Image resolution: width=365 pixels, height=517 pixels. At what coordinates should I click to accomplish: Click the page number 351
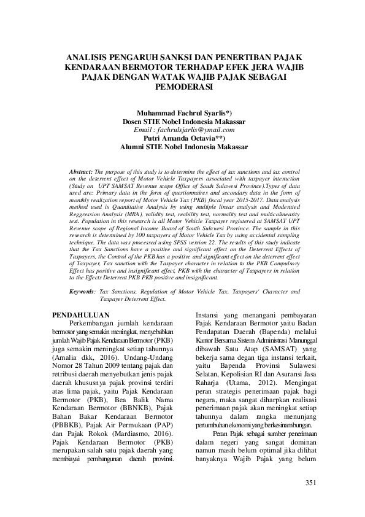[x=310, y=483]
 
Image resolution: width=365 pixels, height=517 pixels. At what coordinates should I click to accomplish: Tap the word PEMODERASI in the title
[x=182, y=87]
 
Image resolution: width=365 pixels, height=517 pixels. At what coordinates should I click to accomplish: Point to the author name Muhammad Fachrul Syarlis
[x=182, y=114]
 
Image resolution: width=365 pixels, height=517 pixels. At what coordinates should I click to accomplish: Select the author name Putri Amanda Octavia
[x=182, y=138]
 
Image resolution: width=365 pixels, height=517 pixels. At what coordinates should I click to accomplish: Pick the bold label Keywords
[x=82, y=292]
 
